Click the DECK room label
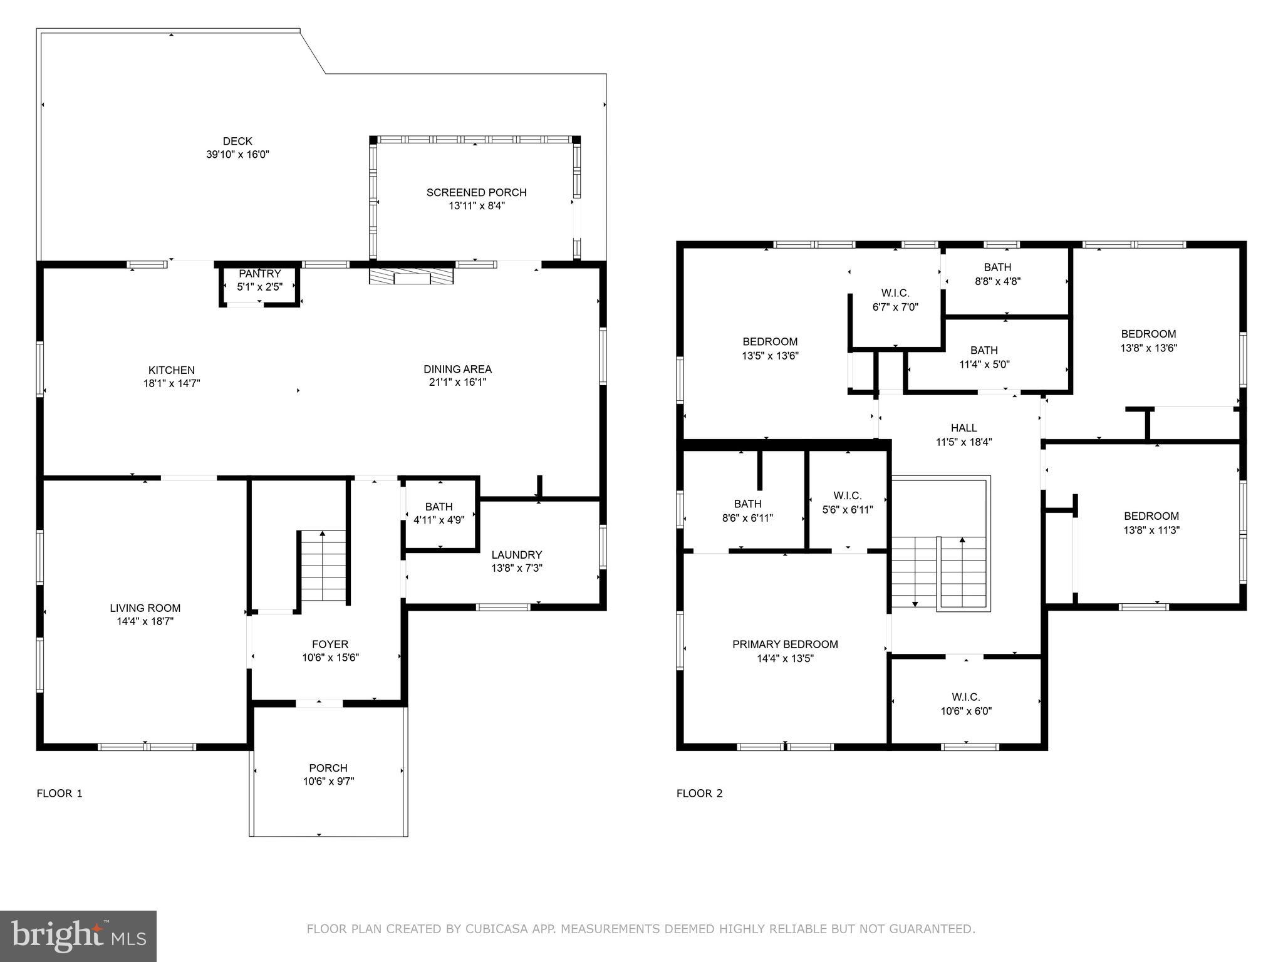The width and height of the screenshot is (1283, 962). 237,142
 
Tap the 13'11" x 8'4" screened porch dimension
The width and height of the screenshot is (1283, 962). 476,205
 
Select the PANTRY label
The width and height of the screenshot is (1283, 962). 260,274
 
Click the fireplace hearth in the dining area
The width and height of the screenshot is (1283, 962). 411,277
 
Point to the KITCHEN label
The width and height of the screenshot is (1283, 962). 171,370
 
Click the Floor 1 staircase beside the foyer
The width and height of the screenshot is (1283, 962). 323,567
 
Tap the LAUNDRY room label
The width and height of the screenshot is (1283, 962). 516,555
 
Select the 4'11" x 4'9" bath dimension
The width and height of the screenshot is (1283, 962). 439,520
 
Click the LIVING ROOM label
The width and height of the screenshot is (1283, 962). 145,608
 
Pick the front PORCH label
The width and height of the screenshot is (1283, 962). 328,768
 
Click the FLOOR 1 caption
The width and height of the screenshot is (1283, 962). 60,794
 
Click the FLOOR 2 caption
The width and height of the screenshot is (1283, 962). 699,794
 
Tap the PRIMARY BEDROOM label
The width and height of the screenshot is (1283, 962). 785,644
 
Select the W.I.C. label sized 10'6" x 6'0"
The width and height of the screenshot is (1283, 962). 965,697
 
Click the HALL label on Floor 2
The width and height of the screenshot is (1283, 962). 964,428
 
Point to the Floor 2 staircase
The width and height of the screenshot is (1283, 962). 940,573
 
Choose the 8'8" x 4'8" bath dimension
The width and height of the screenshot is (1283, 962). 997,282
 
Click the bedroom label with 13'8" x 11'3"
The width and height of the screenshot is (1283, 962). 1151,517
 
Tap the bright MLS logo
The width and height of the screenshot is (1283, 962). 78,936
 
